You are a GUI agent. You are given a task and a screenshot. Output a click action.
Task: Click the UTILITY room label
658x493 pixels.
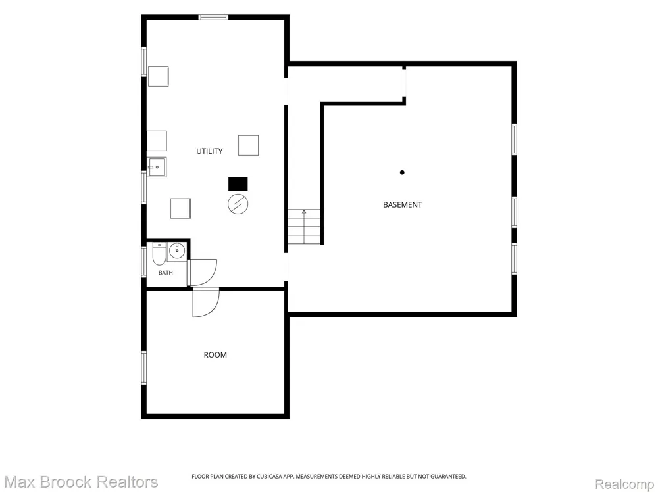click(209, 151)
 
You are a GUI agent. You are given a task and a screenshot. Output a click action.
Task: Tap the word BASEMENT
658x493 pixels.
click(403, 204)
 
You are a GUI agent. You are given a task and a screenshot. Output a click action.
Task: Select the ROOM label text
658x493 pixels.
click(215, 355)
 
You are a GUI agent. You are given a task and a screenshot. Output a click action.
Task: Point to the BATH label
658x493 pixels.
click(165, 273)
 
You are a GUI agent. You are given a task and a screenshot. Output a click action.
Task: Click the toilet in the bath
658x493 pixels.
click(159, 254)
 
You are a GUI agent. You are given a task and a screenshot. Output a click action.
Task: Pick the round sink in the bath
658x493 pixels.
click(177, 250)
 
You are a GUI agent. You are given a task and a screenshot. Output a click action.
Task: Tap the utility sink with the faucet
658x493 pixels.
click(157, 167)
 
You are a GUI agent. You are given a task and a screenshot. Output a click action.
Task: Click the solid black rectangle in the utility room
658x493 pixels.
click(238, 184)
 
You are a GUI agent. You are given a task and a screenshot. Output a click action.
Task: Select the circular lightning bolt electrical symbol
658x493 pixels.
click(238, 204)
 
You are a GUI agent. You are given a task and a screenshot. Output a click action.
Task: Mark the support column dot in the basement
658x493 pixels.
click(402, 172)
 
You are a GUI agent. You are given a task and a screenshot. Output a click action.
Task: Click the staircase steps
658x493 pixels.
click(304, 227)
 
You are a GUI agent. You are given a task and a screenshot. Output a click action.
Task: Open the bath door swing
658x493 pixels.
click(203, 273)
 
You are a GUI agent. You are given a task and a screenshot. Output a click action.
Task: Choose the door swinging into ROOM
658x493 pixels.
click(205, 302)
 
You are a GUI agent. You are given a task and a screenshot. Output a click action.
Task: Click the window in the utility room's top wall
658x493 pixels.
click(213, 17)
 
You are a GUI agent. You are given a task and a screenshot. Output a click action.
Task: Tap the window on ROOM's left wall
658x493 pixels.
click(144, 367)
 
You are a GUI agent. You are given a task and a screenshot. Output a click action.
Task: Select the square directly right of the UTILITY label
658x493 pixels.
click(249, 145)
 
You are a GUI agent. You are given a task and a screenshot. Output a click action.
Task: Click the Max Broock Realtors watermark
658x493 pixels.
click(82, 482)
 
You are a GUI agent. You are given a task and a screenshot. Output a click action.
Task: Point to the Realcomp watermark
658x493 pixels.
click(625, 484)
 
